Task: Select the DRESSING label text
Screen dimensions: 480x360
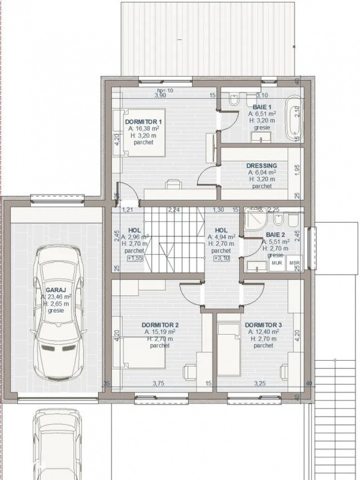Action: tap(262, 165)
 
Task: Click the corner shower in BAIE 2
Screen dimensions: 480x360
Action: tap(255, 221)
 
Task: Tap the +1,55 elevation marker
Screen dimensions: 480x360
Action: tap(135, 258)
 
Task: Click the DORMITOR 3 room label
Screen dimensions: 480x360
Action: tap(263, 325)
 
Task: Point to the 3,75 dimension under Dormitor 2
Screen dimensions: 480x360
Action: tap(159, 383)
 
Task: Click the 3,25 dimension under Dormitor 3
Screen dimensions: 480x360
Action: tap(259, 383)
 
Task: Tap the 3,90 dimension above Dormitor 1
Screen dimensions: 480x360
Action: tap(160, 96)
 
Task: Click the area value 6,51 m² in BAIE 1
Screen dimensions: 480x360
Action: tap(261, 114)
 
